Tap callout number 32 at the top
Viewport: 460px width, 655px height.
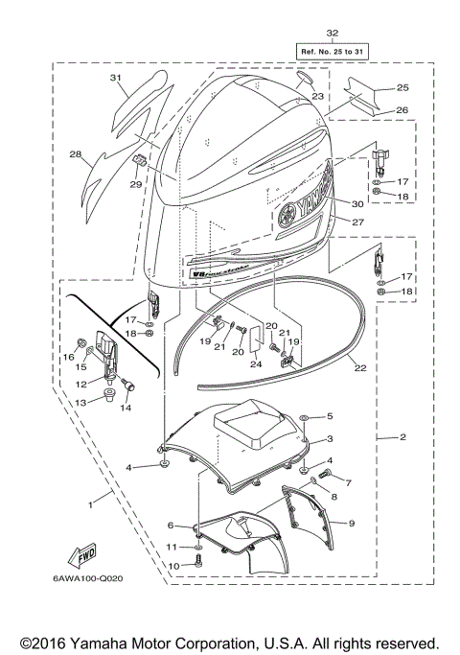pyautogui.click(x=333, y=32)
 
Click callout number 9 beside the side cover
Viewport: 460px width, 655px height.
pyautogui.click(x=352, y=523)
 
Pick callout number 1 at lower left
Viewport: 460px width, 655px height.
pyautogui.click(x=91, y=502)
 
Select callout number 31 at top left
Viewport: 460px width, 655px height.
pyautogui.click(x=116, y=77)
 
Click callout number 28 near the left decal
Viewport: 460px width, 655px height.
pyautogui.click(x=74, y=152)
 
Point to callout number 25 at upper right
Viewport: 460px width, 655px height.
pyautogui.click(x=402, y=87)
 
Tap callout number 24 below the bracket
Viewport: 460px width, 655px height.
pyautogui.click(x=255, y=363)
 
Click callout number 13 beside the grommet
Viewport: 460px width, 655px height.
pyautogui.click(x=81, y=402)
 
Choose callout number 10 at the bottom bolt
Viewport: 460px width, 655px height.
pyautogui.click(x=173, y=566)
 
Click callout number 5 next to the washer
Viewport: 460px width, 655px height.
pyautogui.click(x=329, y=416)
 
